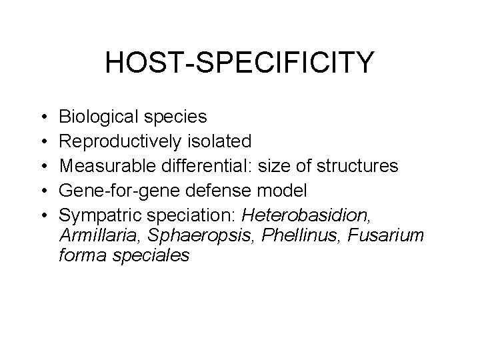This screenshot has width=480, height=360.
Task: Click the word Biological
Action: click(x=99, y=117)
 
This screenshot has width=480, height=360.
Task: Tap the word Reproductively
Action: click(x=117, y=142)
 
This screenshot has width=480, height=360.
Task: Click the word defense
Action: click(x=212, y=189)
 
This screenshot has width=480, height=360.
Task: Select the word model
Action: click(x=285, y=189)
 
